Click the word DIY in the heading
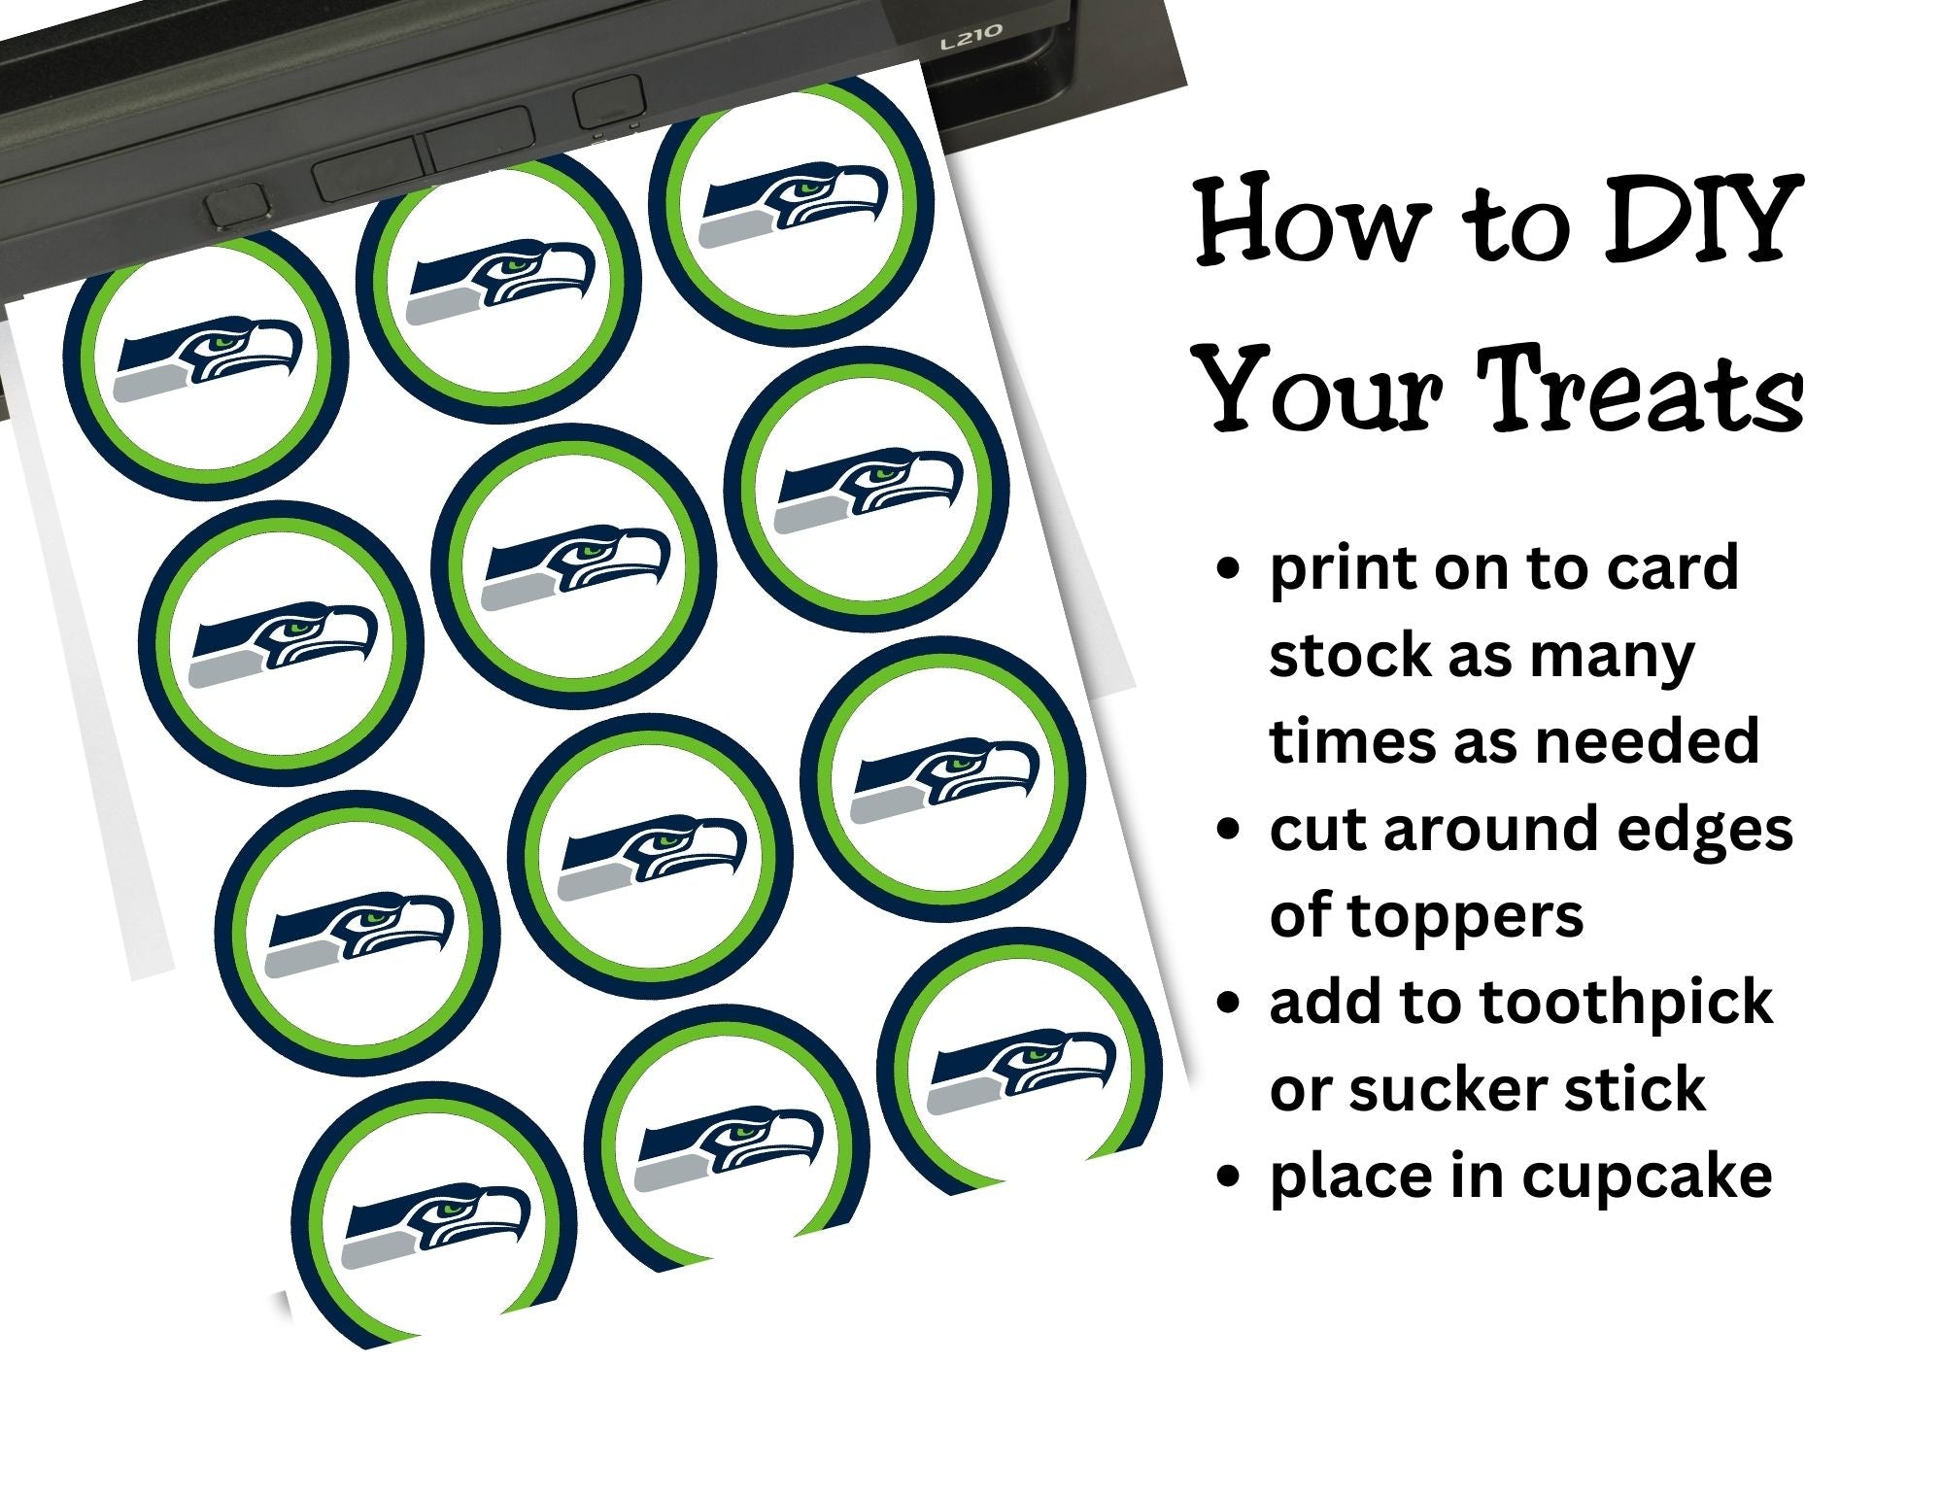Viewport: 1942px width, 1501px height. pos(1695,222)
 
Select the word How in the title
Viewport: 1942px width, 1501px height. pos(1309,222)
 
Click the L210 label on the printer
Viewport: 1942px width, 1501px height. pos(971,38)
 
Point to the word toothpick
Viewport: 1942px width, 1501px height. pos(1618,1003)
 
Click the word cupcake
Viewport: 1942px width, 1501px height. pos(1647,1177)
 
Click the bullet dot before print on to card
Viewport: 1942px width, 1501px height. pos(1229,569)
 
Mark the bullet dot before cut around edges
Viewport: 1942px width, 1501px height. pos(1229,830)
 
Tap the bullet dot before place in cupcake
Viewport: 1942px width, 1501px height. pos(1229,1177)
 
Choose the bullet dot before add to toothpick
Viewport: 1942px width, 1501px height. pos(1229,1003)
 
